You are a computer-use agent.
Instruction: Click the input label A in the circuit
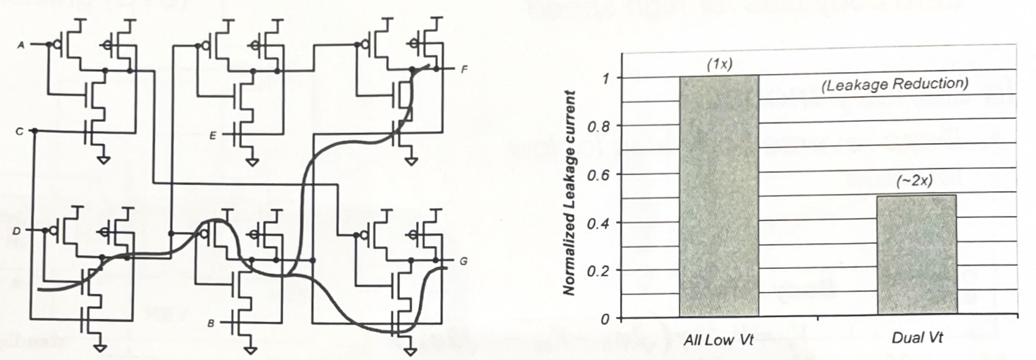pyautogui.click(x=20, y=45)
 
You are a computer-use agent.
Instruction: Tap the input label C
pyautogui.click(x=20, y=131)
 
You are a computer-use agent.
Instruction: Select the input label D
pyautogui.click(x=17, y=231)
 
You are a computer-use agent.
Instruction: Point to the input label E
pyautogui.click(x=212, y=136)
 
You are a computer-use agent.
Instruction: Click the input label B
pyautogui.click(x=211, y=323)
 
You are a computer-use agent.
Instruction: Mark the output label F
pyautogui.click(x=464, y=69)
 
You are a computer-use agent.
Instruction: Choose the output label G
pyautogui.click(x=464, y=261)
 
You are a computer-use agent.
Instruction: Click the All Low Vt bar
pyautogui.click(x=719, y=196)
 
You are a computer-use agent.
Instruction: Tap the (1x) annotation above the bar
pyautogui.click(x=719, y=64)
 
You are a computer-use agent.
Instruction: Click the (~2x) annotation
pyautogui.click(x=916, y=181)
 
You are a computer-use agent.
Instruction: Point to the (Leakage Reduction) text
pyautogui.click(x=895, y=84)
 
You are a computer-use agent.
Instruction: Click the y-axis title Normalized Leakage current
pyautogui.click(x=570, y=193)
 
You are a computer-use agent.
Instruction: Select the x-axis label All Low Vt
pyautogui.click(x=718, y=339)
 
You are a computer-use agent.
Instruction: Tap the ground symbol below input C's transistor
pyautogui.click(x=104, y=160)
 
